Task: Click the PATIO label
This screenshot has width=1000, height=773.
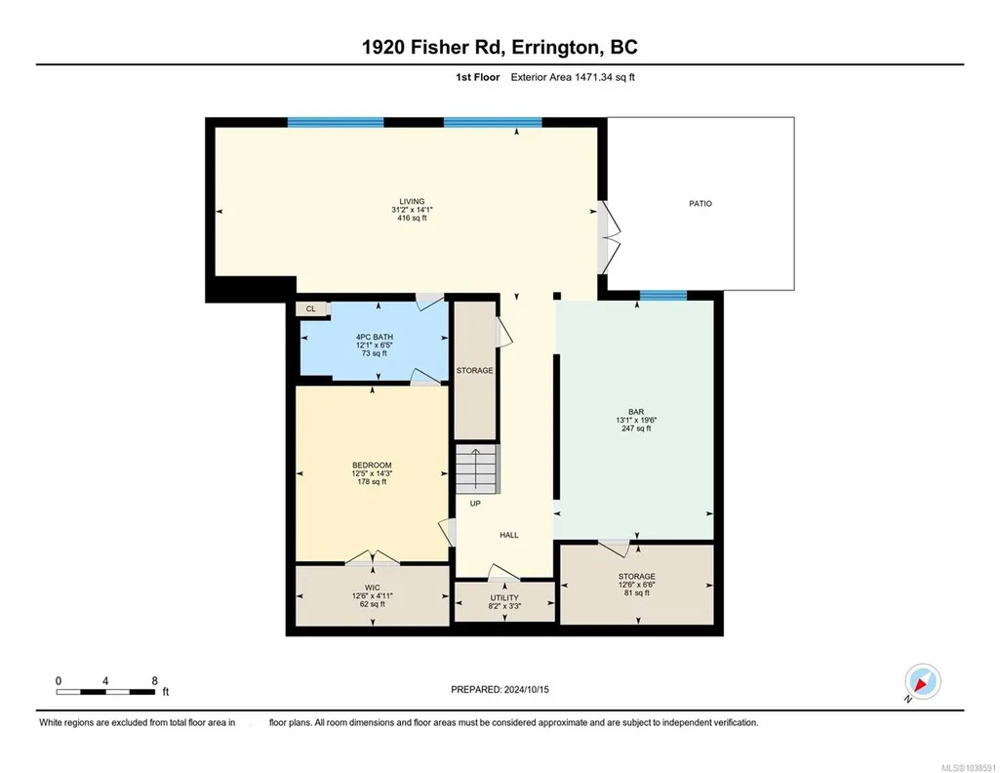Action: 700,203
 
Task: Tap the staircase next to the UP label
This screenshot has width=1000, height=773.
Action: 476,468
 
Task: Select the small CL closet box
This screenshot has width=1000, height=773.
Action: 311,308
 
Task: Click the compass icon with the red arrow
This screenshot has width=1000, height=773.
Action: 923,682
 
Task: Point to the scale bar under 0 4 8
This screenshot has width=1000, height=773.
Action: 106,692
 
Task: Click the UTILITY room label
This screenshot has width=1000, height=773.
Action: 504,597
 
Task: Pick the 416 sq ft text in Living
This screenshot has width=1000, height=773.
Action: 412,218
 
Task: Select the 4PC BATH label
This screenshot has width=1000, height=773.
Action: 375,337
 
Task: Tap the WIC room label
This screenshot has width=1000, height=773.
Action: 373,588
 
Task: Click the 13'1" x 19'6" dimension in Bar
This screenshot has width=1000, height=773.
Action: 636,421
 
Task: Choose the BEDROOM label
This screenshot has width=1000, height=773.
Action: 372,465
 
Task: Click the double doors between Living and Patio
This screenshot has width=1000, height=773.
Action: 609,238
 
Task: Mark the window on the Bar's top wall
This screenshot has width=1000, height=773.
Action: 663,296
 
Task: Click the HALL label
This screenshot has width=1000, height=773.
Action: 509,535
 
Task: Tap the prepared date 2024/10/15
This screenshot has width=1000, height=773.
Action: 526,689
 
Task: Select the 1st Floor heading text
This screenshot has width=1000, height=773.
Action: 478,77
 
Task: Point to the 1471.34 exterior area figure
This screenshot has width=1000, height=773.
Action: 595,77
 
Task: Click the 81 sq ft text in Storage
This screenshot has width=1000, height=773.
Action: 636,592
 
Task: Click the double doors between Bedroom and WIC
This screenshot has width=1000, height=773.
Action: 373,558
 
